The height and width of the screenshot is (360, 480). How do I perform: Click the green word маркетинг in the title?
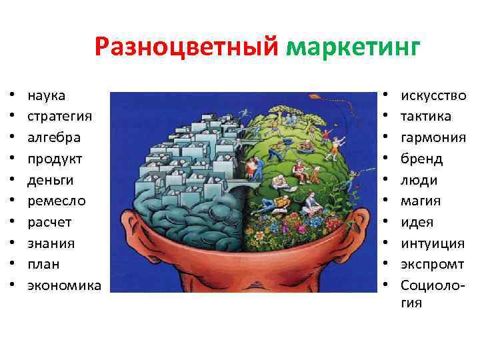[x=353, y=48]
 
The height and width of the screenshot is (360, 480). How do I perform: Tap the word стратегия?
[x=59, y=116]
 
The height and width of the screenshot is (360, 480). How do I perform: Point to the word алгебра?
[x=54, y=137]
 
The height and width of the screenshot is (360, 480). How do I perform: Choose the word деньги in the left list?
[x=51, y=180]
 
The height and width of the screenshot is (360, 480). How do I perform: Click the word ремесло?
[x=56, y=201]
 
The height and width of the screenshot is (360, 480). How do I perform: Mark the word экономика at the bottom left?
[x=64, y=285]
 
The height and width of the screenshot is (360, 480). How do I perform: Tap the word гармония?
[x=433, y=137]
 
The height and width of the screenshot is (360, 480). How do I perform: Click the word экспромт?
[x=432, y=264]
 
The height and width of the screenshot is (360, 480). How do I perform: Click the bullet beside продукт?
[x=11, y=159]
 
